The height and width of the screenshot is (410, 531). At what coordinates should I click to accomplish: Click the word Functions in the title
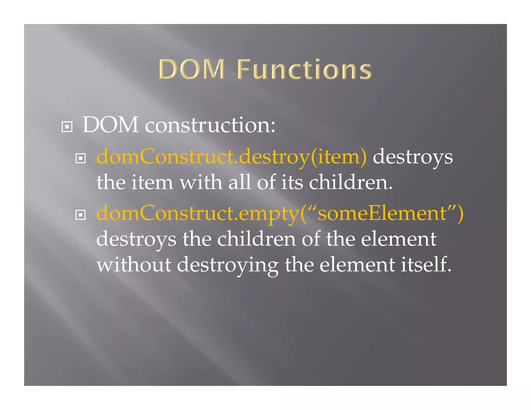click(x=304, y=69)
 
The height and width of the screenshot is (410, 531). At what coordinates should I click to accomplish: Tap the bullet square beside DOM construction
click(x=67, y=127)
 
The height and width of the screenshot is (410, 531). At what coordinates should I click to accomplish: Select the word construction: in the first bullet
click(x=210, y=125)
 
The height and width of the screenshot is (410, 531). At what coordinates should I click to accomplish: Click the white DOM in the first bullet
click(x=110, y=125)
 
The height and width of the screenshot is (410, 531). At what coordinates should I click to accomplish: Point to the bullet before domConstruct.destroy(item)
click(x=80, y=158)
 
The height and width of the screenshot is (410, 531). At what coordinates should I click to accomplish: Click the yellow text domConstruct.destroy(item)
click(x=232, y=157)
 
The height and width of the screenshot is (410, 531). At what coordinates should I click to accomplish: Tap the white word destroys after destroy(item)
click(x=413, y=157)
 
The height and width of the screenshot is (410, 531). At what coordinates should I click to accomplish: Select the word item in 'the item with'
click(x=152, y=182)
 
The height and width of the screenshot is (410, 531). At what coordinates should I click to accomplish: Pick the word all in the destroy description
click(x=240, y=182)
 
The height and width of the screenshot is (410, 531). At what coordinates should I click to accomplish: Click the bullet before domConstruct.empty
click(x=80, y=215)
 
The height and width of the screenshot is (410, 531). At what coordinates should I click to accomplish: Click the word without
click(x=134, y=265)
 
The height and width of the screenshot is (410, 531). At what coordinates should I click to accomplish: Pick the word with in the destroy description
click(x=201, y=182)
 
